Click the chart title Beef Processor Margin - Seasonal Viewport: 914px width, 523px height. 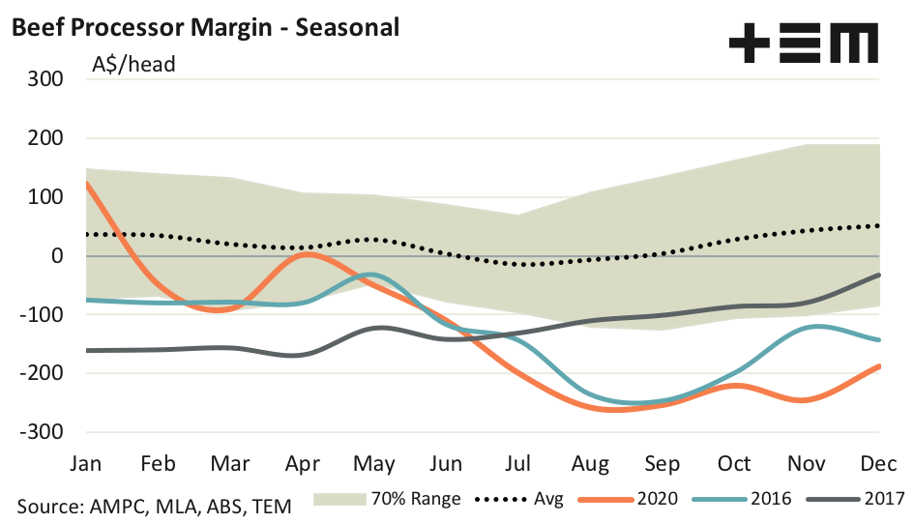204,28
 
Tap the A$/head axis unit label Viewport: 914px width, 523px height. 133,66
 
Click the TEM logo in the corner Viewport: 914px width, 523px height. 803,44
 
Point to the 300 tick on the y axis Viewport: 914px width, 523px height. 45,79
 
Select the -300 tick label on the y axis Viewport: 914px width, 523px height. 42,432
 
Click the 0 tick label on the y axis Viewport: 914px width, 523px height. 57,256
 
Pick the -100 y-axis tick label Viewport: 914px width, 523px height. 42,315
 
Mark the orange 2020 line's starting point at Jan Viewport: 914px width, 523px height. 87,183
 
